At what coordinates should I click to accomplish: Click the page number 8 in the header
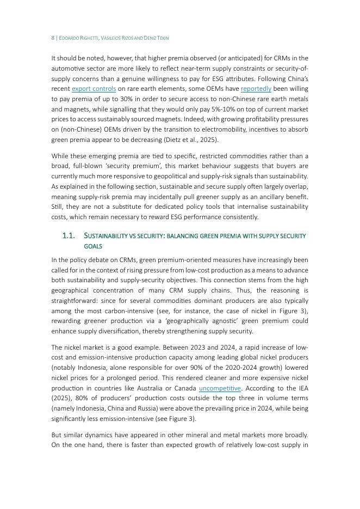coord(53,38)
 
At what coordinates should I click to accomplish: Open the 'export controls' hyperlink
coord(94,89)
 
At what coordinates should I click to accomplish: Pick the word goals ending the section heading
coord(93,246)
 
